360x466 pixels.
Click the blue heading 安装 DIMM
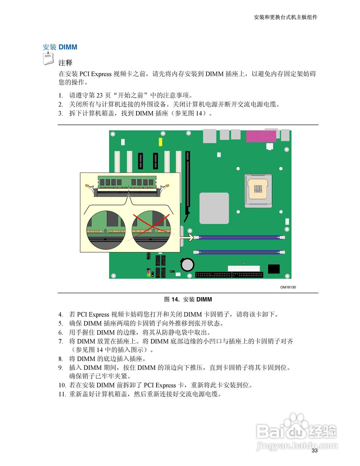click(x=60, y=47)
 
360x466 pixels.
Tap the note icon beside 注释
click(x=48, y=59)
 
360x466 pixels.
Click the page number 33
click(x=314, y=451)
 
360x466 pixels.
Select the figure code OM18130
click(x=288, y=287)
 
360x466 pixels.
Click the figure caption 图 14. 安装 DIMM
click(x=188, y=300)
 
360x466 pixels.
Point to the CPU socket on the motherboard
click(x=258, y=189)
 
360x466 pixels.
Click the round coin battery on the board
click(x=187, y=264)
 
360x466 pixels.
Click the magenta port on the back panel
click(x=261, y=137)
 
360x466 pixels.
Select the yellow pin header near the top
click(x=160, y=142)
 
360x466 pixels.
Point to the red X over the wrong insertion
click(x=151, y=226)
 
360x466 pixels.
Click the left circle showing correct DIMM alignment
click(x=106, y=229)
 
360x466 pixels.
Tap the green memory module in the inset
click(x=127, y=181)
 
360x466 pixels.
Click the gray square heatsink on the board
click(x=214, y=208)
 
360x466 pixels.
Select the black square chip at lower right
click(x=274, y=269)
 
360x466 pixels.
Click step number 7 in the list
click(x=60, y=341)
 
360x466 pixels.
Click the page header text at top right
click(x=285, y=17)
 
